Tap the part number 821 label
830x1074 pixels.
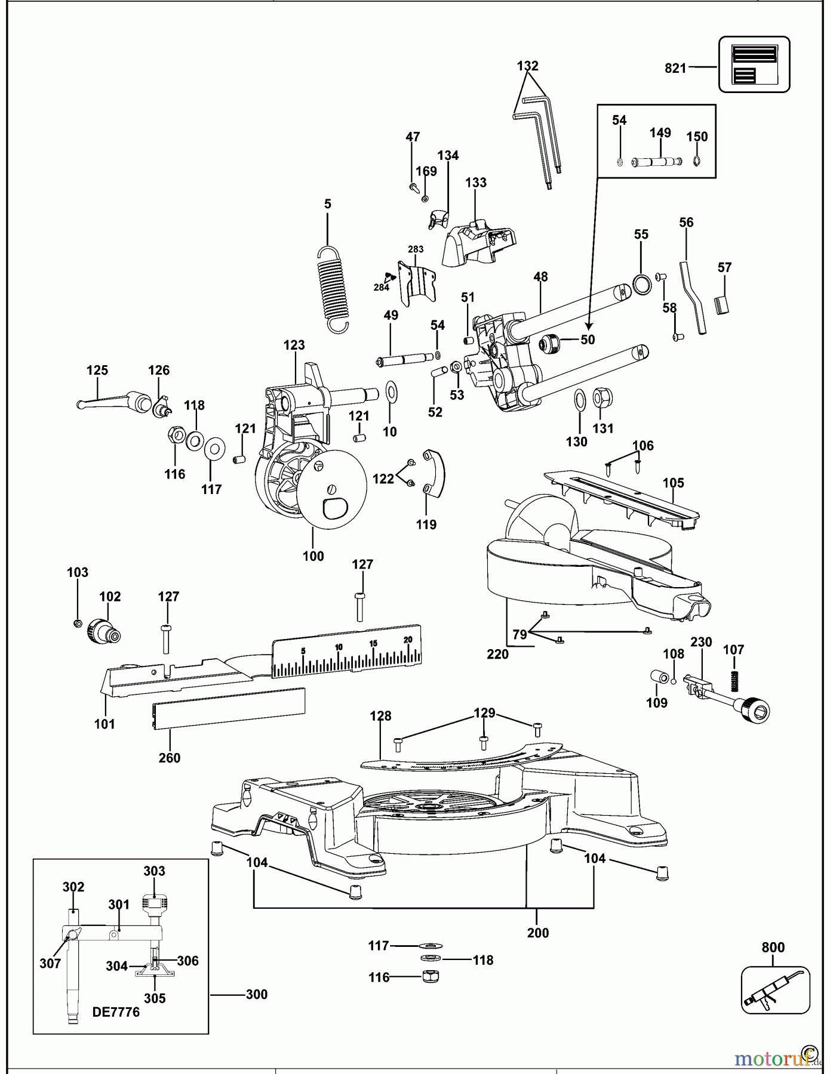(675, 69)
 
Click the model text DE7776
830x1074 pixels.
(116, 1012)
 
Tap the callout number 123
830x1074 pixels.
(294, 345)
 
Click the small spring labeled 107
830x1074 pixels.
(734, 679)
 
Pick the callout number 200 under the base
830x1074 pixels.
(537, 933)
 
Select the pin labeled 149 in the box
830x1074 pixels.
(656, 161)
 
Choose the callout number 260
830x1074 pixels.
(170, 757)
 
